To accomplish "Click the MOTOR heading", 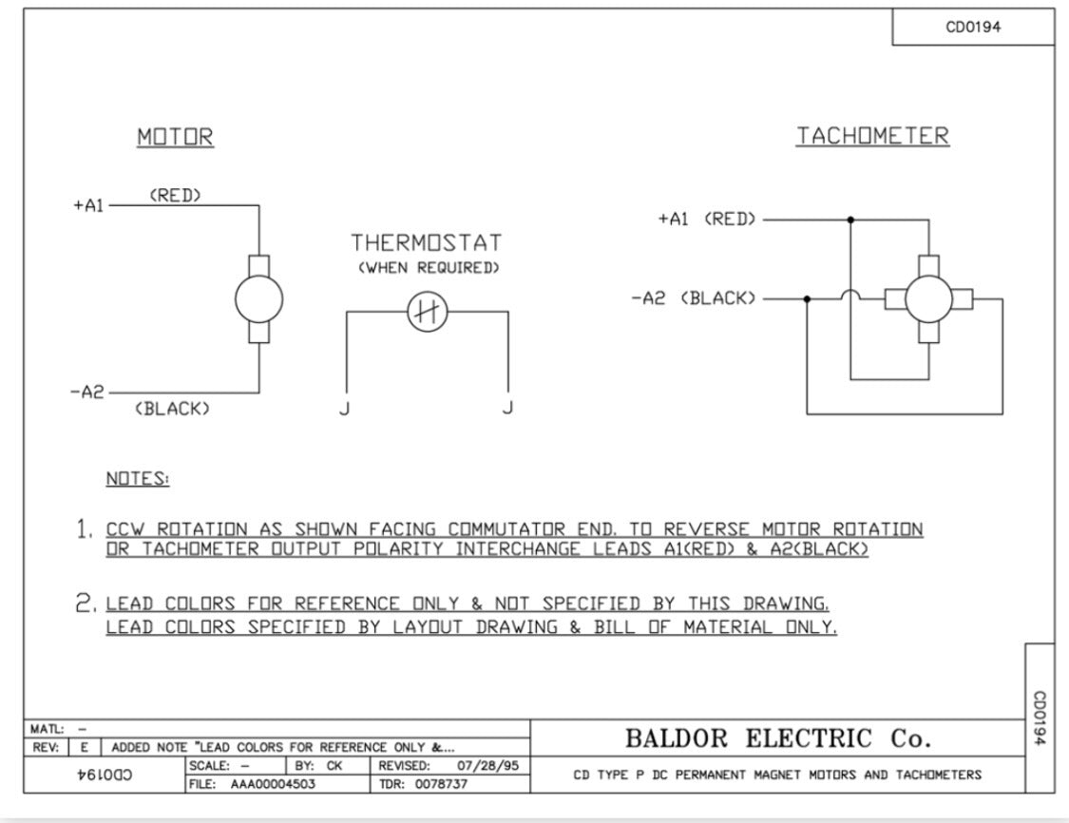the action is point(175,137).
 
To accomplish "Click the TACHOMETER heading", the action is point(872,136).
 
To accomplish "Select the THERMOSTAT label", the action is point(426,242).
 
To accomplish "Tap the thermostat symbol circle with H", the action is point(428,313).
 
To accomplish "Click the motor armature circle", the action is point(259,298).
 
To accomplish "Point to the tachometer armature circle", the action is point(928,298).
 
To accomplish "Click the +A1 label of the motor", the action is point(88,205).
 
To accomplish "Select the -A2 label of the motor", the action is point(87,392).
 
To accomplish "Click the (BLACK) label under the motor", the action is point(172,409).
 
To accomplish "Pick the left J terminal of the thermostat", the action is point(344,409).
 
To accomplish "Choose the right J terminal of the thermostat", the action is point(507,408).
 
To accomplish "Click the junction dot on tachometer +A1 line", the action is point(850,220).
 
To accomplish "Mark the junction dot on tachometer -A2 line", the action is point(807,298).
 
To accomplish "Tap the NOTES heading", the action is point(138,479).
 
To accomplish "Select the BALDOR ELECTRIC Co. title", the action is point(778,738).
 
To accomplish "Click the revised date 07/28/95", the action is point(487,766).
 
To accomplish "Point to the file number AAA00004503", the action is point(273,784).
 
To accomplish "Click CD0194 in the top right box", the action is point(973,28).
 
